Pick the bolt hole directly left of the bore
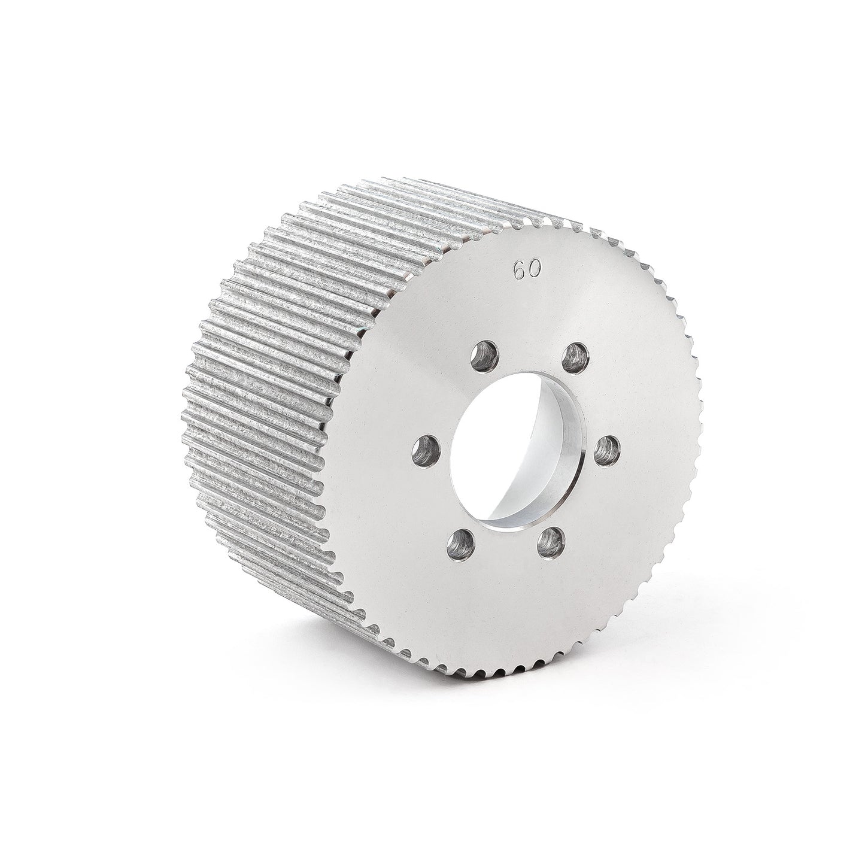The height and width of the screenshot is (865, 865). coord(425,451)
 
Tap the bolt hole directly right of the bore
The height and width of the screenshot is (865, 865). coord(607,451)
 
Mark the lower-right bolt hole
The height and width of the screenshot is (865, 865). coord(551,543)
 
